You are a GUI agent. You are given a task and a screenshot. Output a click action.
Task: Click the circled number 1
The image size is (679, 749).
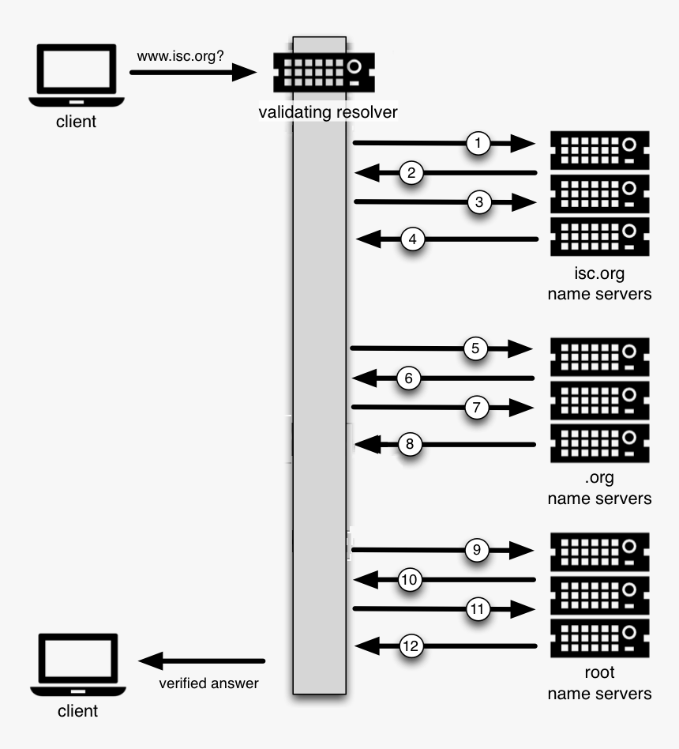tap(478, 143)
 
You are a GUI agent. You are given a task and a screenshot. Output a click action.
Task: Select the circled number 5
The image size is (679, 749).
tap(475, 348)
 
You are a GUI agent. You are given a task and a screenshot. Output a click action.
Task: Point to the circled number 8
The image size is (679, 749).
tap(409, 444)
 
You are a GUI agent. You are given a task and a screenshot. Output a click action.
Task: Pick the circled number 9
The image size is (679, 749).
tap(477, 549)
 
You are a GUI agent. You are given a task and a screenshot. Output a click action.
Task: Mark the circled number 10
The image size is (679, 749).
tap(409, 580)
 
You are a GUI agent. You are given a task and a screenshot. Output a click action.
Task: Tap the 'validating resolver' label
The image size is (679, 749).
tap(328, 112)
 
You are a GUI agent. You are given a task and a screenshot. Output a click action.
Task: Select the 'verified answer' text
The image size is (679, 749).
tap(208, 683)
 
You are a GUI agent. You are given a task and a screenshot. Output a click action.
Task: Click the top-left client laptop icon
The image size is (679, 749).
tap(77, 77)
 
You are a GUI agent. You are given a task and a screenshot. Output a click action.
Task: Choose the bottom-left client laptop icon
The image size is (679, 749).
tap(77, 664)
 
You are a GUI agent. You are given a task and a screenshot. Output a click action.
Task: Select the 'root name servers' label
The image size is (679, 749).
tap(600, 683)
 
